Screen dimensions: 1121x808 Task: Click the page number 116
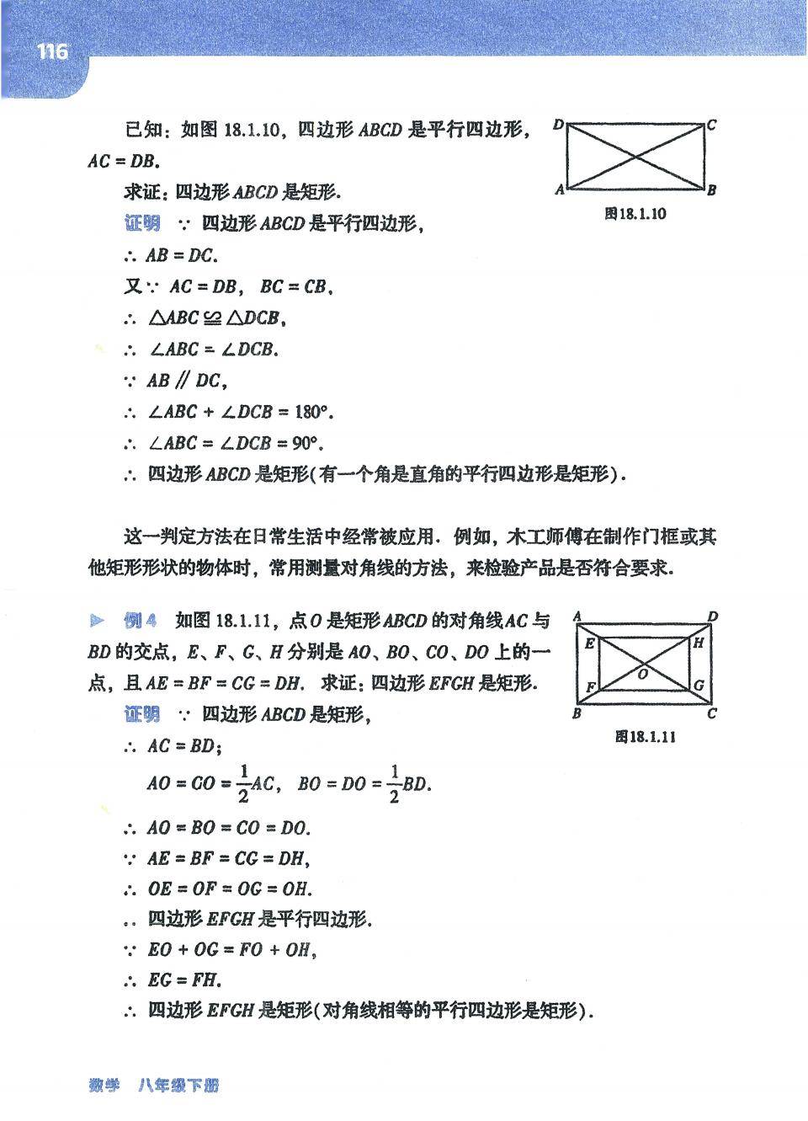[x=51, y=51]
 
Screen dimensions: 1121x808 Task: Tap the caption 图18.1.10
[x=635, y=214]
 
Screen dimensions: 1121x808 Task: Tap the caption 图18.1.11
[x=646, y=737]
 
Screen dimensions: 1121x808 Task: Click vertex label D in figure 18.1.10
[x=559, y=125]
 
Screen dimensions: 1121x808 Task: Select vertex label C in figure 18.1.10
[x=712, y=125]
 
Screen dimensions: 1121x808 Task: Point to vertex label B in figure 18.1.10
[x=712, y=190]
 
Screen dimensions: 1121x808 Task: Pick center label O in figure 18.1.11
[x=642, y=673]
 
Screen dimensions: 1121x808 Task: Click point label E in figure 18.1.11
[x=589, y=643]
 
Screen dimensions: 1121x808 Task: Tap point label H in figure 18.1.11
[x=698, y=643]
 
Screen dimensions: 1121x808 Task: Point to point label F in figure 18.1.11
[x=590, y=687]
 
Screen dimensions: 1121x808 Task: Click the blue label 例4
[x=140, y=622]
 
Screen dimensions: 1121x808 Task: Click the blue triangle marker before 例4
[x=98, y=622]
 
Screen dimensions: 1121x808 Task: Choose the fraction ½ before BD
[x=394, y=783]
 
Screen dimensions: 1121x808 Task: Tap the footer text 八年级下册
[x=178, y=1086]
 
